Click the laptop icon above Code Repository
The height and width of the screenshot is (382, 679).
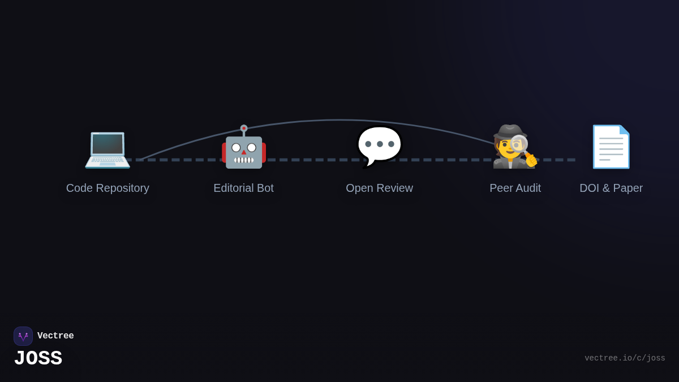click(x=108, y=148)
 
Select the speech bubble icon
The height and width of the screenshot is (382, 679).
click(x=379, y=146)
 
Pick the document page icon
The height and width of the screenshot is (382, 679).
click(x=611, y=147)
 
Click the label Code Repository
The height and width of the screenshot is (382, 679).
click(x=108, y=188)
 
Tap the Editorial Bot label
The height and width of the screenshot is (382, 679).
click(x=243, y=188)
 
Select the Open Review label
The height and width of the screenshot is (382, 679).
click(x=379, y=188)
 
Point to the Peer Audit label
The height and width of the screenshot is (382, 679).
click(x=515, y=188)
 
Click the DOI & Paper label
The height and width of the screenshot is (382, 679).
click(x=611, y=188)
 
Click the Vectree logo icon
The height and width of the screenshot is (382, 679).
click(x=23, y=336)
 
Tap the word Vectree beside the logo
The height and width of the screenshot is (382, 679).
click(x=55, y=336)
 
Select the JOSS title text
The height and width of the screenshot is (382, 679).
click(x=38, y=358)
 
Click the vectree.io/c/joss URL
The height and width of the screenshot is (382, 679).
click(x=625, y=358)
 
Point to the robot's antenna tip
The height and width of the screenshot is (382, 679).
click(x=244, y=128)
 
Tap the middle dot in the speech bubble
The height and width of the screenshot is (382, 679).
click(x=380, y=144)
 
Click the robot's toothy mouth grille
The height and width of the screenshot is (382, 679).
click(x=244, y=160)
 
